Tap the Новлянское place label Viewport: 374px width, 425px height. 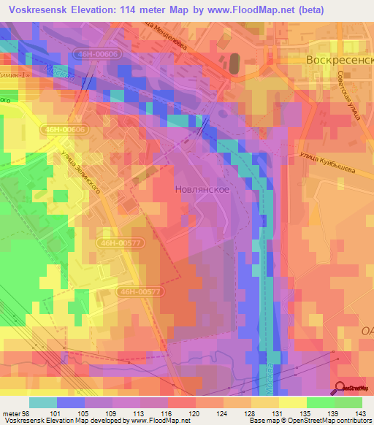click(204, 188)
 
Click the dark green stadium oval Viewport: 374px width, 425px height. click(234, 63)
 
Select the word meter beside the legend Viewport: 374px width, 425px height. click(10, 413)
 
